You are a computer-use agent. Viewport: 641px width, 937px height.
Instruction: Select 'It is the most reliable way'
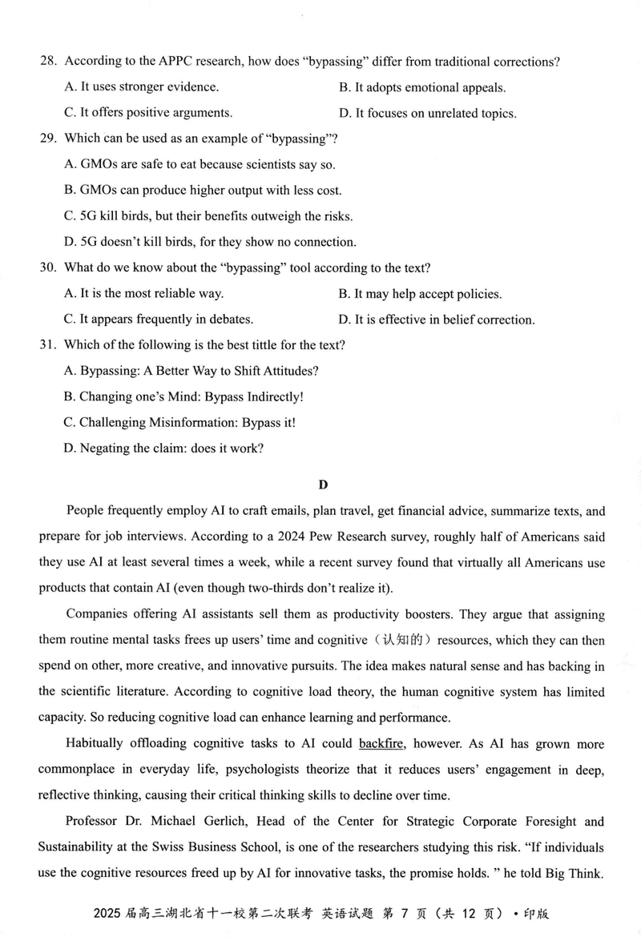point(143,294)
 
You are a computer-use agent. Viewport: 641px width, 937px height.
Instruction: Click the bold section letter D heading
point(323,484)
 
